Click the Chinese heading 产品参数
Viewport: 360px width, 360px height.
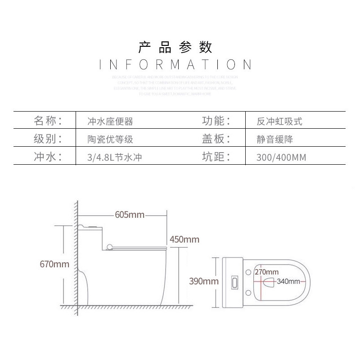[175, 46]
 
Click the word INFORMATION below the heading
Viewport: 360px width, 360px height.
[175, 64]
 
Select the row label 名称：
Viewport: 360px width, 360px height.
[47, 121]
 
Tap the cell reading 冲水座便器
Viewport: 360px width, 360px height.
[110, 121]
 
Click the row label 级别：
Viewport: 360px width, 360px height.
[47, 139]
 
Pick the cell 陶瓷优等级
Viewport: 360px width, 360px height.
[110, 139]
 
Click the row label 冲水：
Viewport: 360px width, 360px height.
[47, 157]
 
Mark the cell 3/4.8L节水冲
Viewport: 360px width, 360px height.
[112, 157]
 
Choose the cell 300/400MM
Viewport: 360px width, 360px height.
[281, 157]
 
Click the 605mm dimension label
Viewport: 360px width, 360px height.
[130, 215]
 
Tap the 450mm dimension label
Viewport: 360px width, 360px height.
[184, 239]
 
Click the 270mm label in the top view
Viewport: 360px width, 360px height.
[266, 272]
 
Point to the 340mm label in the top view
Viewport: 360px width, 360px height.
[288, 282]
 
